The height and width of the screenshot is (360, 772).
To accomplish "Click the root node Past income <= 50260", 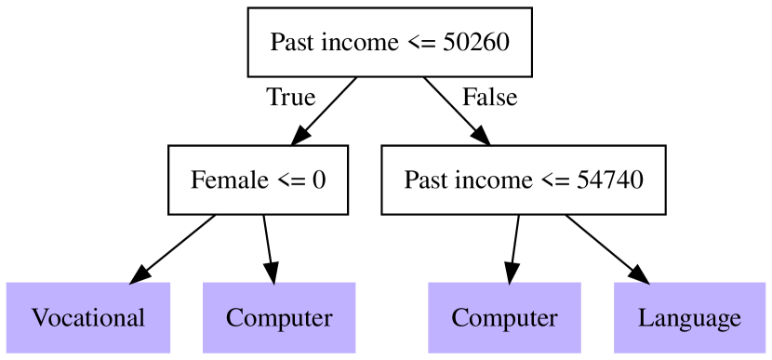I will point(389,42).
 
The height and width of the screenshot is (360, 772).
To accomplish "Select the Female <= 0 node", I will point(258,179).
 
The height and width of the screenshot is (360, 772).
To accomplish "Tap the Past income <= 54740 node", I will point(524,179).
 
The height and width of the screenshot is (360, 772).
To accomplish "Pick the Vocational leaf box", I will point(88,317).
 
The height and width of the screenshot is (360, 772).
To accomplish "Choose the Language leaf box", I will point(689,317).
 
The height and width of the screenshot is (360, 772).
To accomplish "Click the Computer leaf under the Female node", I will point(279,317).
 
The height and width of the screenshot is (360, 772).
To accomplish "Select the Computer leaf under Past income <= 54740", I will point(504,317).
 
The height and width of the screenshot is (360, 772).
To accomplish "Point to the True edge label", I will point(290,97).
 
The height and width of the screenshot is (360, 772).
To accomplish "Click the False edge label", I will point(489,97).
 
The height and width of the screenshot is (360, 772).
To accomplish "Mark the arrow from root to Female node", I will point(325,111).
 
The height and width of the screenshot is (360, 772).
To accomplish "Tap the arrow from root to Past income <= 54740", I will point(456,111).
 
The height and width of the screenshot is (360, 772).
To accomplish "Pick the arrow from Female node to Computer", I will point(268,247).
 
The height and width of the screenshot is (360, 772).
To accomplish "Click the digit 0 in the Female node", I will point(318,179).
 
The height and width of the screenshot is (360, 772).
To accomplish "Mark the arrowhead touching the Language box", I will point(639,273).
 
